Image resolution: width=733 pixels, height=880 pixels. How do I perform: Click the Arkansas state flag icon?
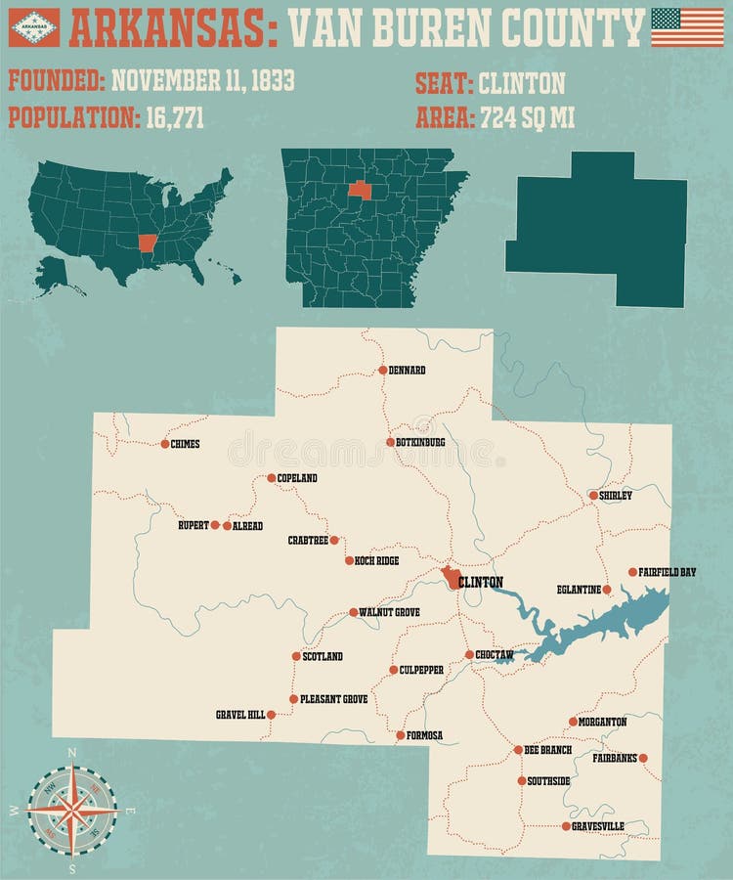click(34, 27)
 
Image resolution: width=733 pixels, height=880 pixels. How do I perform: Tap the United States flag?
click(680, 27)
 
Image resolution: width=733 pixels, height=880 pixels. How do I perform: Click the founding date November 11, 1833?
click(202, 81)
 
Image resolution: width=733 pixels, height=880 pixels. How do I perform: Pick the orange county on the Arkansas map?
click(360, 190)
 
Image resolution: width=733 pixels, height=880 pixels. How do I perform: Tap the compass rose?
click(71, 809)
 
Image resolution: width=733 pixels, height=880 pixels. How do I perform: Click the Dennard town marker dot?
click(383, 370)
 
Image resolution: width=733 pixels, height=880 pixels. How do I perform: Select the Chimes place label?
click(185, 444)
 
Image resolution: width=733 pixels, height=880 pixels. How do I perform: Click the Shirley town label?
click(616, 496)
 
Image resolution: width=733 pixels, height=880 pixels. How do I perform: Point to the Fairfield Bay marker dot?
click(632, 572)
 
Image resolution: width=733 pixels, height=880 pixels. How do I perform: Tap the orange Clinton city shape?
click(451, 578)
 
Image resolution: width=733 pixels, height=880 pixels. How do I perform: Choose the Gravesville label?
click(599, 826)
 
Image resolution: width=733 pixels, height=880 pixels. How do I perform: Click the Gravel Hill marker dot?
click(271, 715)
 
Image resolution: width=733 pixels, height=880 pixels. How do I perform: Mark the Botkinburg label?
click(421, 442)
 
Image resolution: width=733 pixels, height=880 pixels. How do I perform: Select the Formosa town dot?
click(400, 734)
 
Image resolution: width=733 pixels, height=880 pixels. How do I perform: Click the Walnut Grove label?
click(389, 612)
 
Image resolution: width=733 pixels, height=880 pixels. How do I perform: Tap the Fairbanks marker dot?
click(643, 758)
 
